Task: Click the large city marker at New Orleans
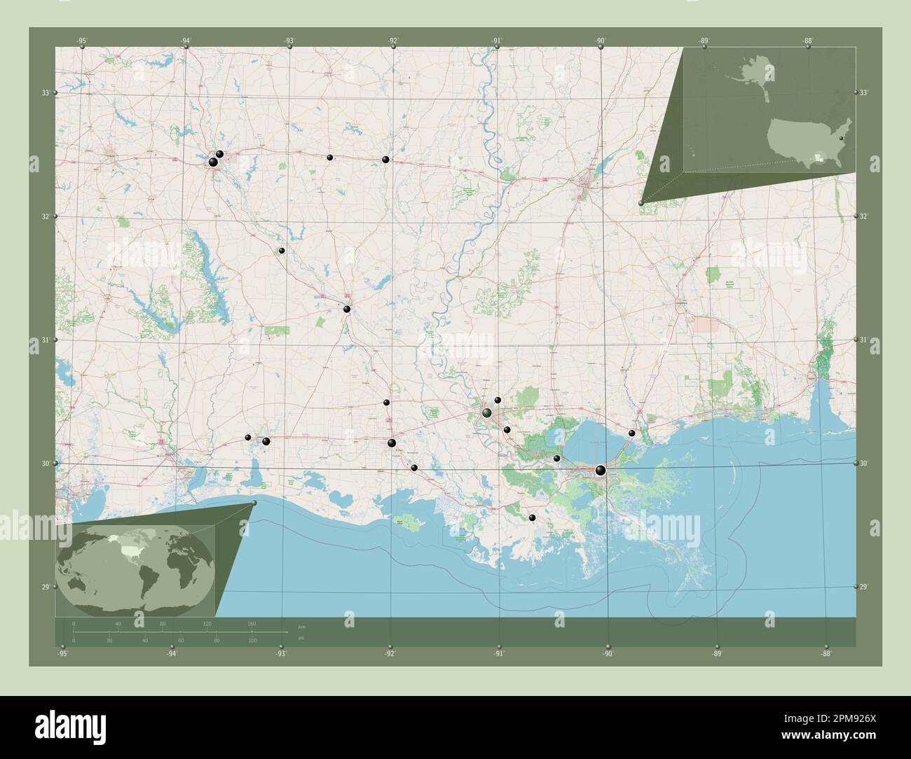(600, 470)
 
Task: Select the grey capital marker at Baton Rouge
(486, 414)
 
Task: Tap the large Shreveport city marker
(213, 162)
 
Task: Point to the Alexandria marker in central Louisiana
(347, 309)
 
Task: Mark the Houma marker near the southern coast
(532, 517)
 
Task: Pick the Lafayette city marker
(392, 443)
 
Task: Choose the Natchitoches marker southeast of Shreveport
(281, 250)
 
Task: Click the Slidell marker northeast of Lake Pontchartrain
(631, 433)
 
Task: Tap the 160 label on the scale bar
(251, 623)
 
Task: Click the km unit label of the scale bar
(301, 626)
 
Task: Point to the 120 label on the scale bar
(207, 623)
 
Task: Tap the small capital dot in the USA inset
(841, 139)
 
